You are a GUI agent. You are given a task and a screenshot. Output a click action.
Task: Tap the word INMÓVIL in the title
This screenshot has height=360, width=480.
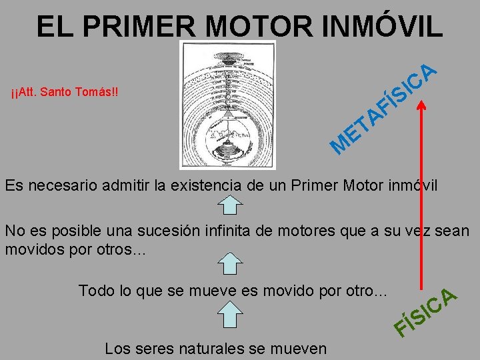385,26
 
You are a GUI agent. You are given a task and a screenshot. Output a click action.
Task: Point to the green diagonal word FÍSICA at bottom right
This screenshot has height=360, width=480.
424,313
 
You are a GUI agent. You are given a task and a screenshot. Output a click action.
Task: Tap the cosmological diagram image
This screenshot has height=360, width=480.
227,105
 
